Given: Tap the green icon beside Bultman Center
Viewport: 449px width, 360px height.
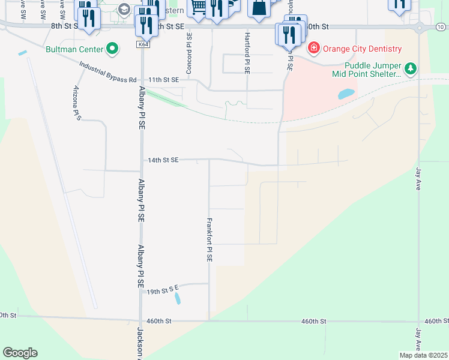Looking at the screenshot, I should (x=112, y=49).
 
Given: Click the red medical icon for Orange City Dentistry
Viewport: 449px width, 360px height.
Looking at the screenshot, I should (x=313, y=48).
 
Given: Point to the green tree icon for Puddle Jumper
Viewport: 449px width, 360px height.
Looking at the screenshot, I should (x=411, y=69).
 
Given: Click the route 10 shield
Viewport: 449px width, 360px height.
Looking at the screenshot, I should (x=441, y=27).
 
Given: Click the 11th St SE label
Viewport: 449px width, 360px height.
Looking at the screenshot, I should (x=164, y=80).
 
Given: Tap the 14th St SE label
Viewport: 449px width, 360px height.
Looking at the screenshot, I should (x=164, y=160).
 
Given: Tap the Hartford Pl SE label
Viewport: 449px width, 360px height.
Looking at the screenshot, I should (x=247, y=53).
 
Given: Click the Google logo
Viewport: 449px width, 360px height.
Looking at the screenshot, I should (x=20, y=353).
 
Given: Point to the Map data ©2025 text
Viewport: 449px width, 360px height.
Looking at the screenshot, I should (x=423, y=355).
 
